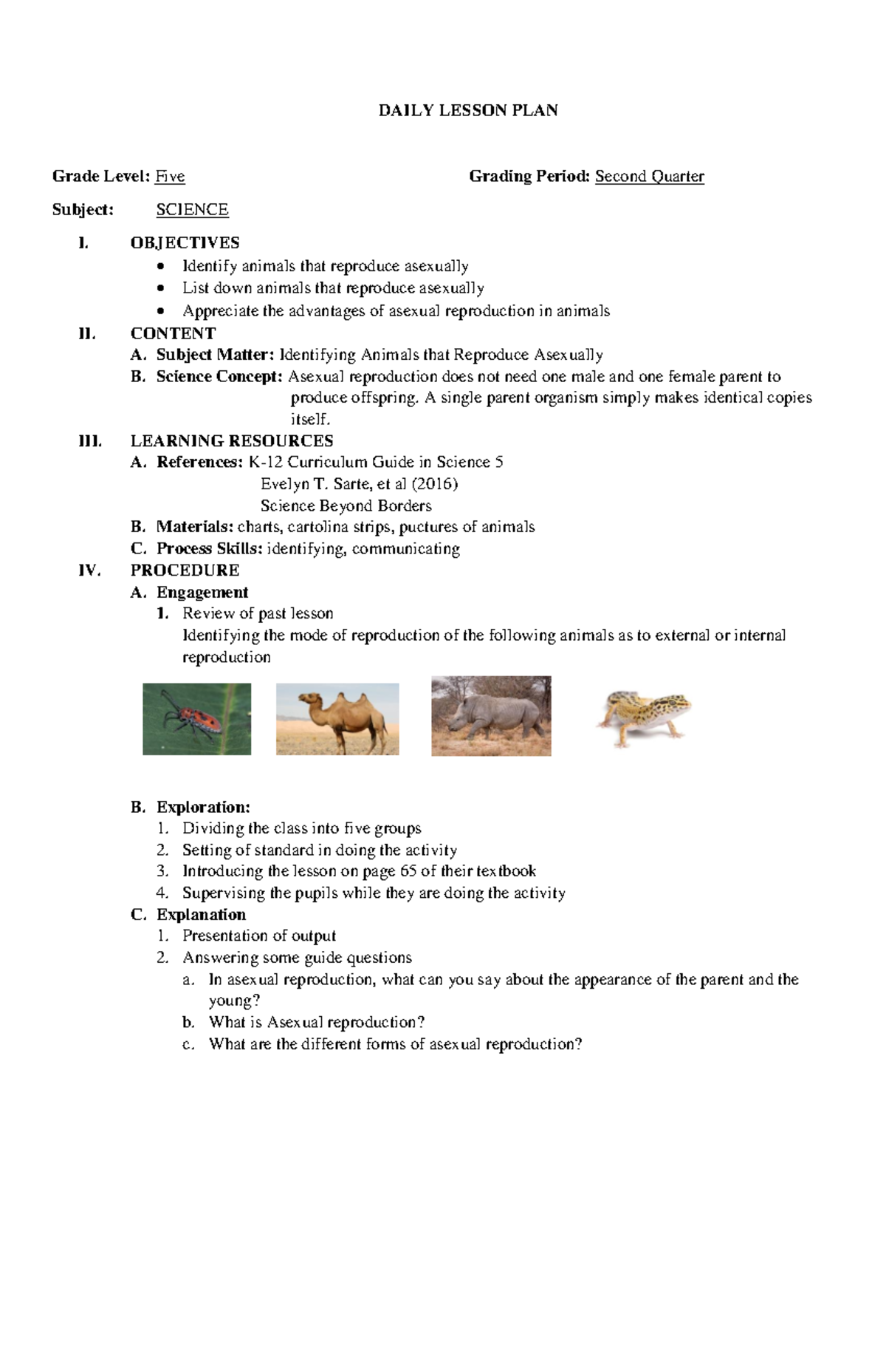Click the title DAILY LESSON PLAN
(468, 111)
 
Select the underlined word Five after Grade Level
(170, 177)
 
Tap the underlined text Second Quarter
(650, 177)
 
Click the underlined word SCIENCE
(192, 210)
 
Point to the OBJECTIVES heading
(185, 243)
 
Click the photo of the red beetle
(196, 719)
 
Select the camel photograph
(337, 719)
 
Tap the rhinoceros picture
(491, 716)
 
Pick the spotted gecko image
(643, 717)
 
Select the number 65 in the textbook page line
(408, 871)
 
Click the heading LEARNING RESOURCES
(232, 441)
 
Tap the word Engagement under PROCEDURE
(202, 593)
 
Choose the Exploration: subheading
(203, 807)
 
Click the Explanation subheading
(201, 915)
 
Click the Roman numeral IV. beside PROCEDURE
(89, 570)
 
